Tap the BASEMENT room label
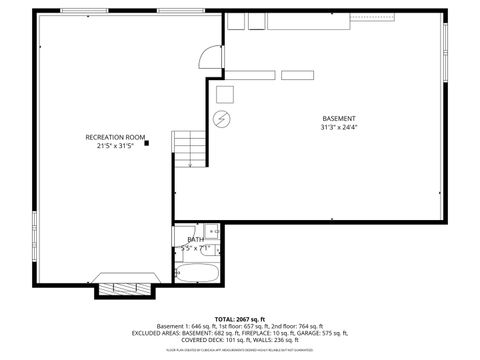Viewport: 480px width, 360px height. click(x=338, y=118)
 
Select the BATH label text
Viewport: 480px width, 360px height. click(x=194, y=240)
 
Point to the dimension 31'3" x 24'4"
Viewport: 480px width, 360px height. click(x=338, y=128)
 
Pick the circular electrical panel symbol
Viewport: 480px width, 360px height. click(x=221, y=118)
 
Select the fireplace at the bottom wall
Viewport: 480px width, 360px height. click(x=125, y=282)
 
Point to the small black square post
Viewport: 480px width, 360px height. click(x=147, y=143)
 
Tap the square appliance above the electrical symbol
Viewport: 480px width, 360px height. click(x=225, y=94)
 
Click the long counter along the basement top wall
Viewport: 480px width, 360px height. click(x=300, y=19)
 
